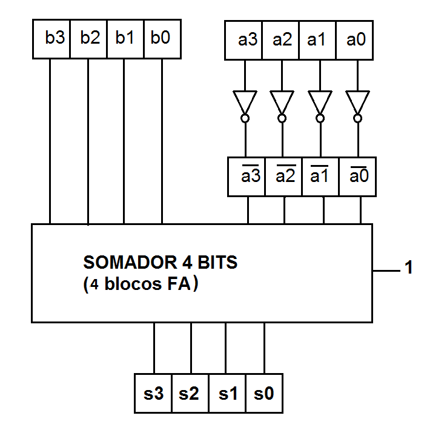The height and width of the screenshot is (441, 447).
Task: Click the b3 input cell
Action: tap(51, 39)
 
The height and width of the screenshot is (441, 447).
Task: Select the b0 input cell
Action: tap(162, 39)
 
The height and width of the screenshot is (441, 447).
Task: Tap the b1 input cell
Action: tap(125, 39)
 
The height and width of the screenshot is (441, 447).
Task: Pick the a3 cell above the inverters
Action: tap(244, 40)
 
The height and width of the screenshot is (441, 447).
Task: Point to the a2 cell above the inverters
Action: tap(281, 40)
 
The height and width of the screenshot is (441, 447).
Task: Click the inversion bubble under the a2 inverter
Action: tap(282, 118)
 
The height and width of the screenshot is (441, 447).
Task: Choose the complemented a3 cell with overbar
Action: tap(247, 177)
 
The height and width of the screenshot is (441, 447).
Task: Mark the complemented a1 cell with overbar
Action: tap(320, 177)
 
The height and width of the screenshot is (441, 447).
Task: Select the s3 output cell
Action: tap(153, 394)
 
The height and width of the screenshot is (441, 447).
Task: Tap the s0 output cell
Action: tap(264, 394)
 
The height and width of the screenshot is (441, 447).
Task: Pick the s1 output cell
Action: tap(228, 394)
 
